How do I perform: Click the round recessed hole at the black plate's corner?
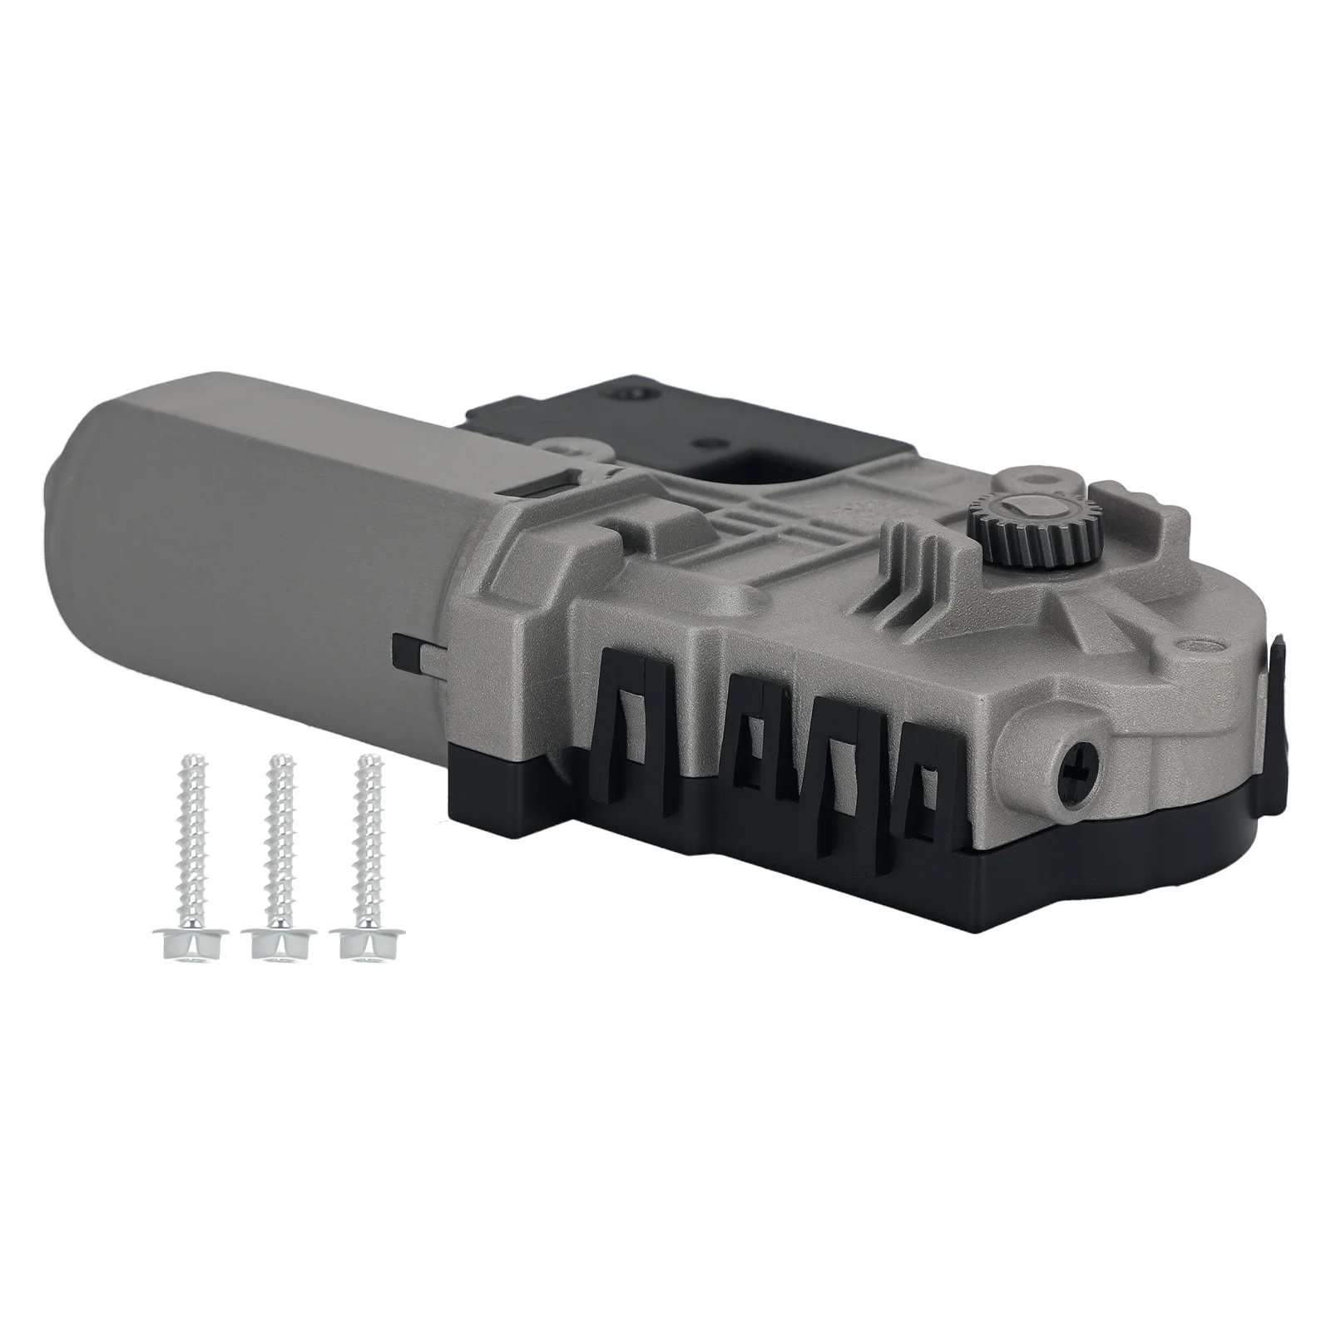[633, 391]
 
